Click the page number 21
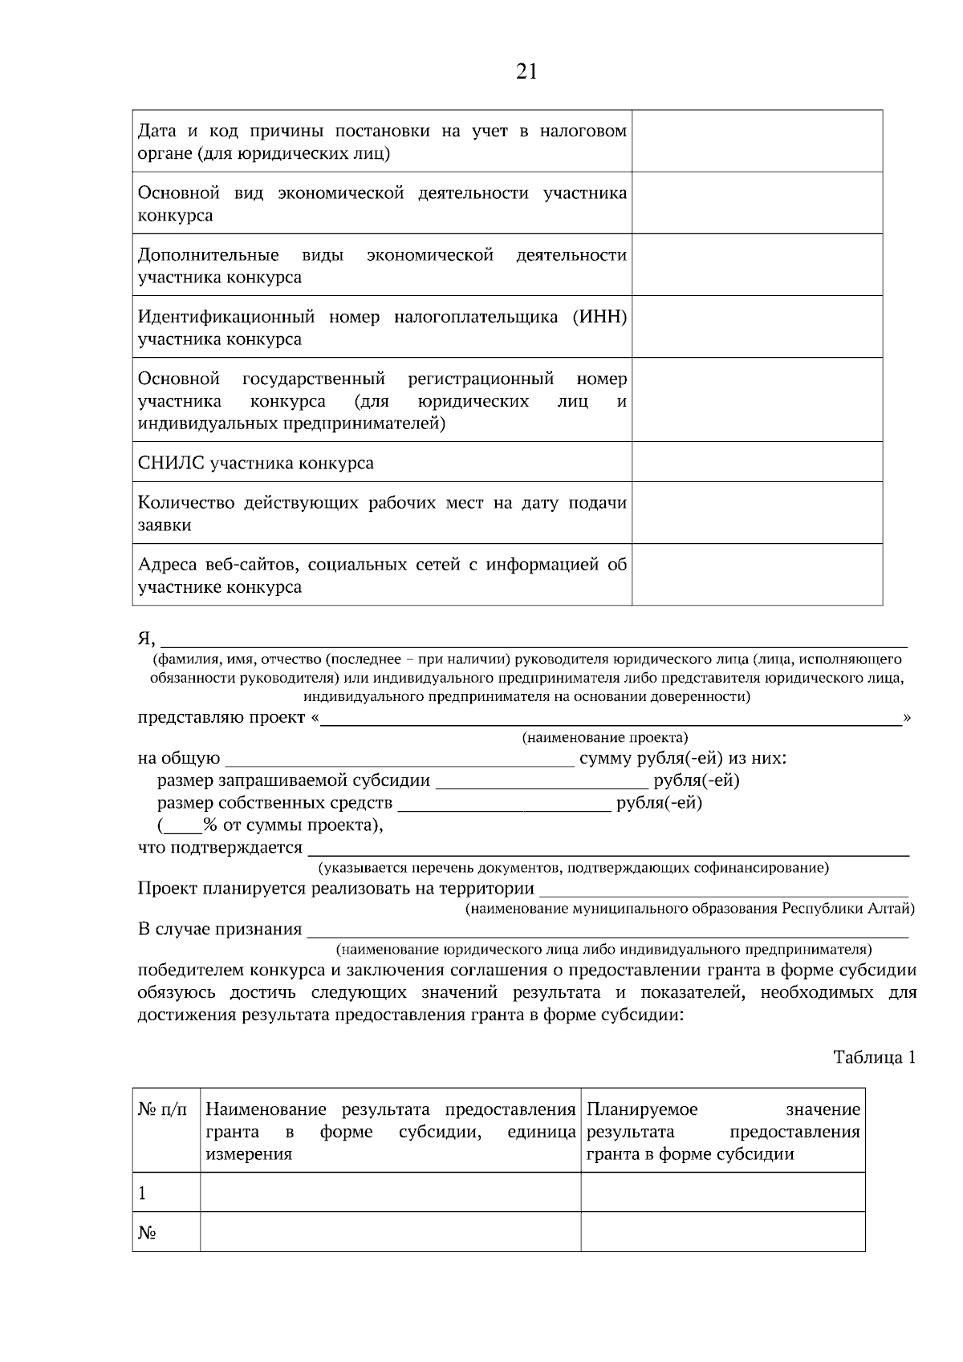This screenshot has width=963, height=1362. click(x=526, y=72)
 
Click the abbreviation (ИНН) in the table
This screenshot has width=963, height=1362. click(x=599, y=317)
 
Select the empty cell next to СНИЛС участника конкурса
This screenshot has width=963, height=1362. click(x=757, y=462)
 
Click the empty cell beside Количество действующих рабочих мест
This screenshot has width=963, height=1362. click(x=757, y=513)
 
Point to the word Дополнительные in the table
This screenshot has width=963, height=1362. click(x=208, y=255)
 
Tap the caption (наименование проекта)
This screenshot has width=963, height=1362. click(x=605, y=737)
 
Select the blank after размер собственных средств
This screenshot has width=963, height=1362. click(x=504, y=804)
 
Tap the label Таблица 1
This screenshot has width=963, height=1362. click(x=874, y=1057)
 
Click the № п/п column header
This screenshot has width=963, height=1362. click(x=163, y=1110)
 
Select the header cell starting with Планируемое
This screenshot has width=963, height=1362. click(x=722, y=1131)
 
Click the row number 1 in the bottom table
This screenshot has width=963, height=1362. click(x=143, y=1194)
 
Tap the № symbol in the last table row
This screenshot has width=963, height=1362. click(x=147, y=1233)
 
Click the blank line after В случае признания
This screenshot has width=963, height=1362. click(x=607, y=930)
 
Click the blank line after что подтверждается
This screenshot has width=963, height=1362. click(x=607, y=849)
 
